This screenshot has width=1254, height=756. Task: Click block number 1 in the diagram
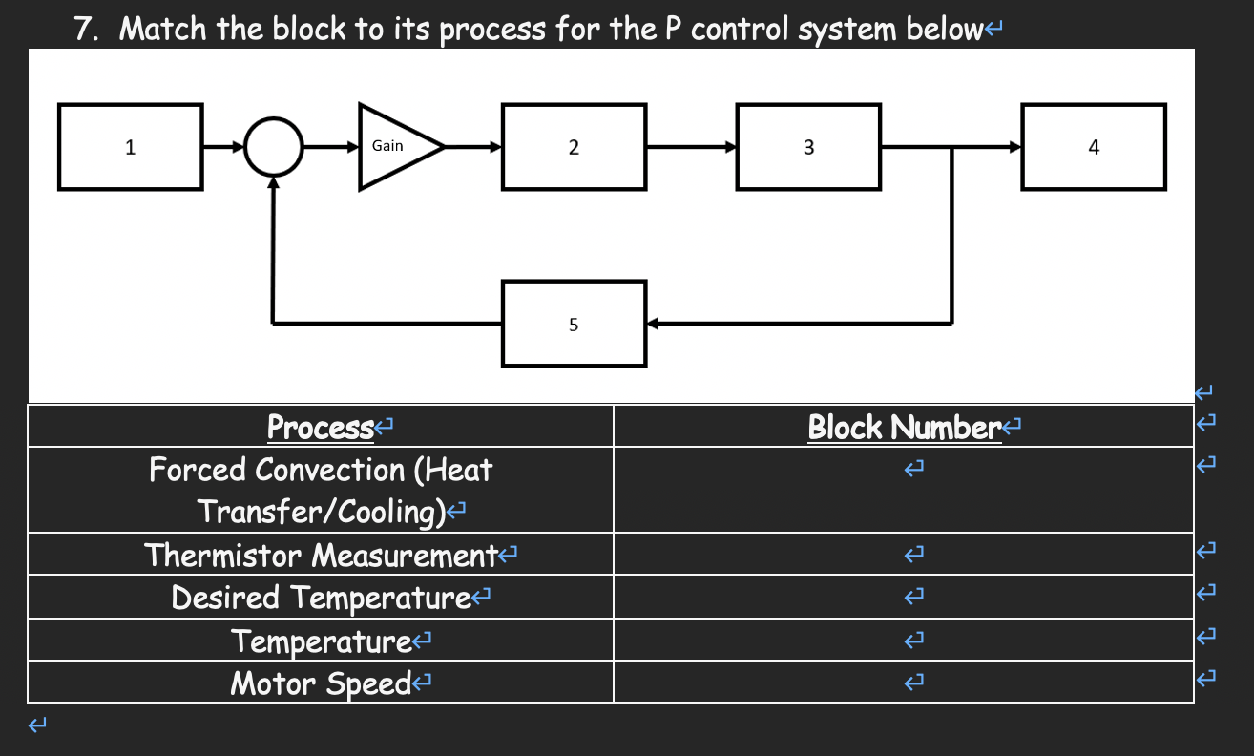[130, 147]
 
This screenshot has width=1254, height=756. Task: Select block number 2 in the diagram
[573, 147]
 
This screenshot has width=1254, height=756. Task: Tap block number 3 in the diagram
[808, 147]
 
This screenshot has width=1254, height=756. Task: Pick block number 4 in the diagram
[1093, 147]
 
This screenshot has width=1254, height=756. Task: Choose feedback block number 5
[574, 324]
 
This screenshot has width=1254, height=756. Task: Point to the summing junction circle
[274, 147]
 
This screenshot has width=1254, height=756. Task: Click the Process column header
[320, 427]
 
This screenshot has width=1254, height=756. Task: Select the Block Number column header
[903, 427]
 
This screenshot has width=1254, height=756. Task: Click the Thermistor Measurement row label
[321, 554]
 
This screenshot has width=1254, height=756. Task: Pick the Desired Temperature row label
[321, 598]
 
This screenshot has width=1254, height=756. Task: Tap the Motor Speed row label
[321, 682]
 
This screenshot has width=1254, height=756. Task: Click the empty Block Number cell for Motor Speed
[903, 682]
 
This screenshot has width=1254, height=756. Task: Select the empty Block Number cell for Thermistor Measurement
[903, 554]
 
